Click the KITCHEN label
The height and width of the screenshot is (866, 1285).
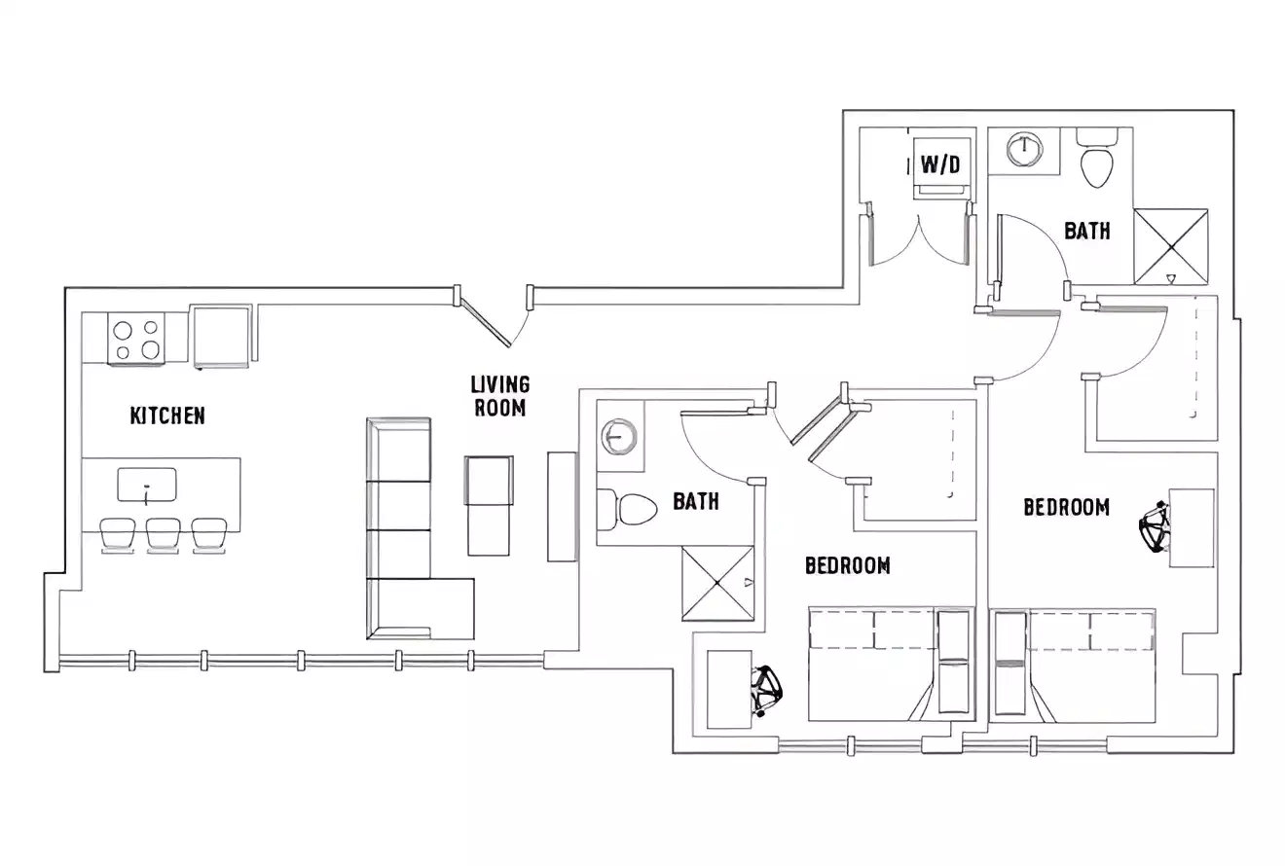coord(167,415)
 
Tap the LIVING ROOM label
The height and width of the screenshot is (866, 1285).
coord(500,396)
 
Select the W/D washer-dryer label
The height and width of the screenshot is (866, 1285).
coord(939,164)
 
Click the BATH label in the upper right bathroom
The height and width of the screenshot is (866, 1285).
coord(1086,231)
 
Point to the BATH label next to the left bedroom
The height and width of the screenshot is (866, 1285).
coord(696,501)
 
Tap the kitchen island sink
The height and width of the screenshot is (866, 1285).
coord(147,485)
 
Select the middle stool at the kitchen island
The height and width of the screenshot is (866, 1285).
coord(163,534)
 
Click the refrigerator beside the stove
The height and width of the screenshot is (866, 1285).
coord(222,337)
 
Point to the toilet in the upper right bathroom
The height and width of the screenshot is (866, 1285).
coord(1097,162)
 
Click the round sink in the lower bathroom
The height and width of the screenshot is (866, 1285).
coord(617,435)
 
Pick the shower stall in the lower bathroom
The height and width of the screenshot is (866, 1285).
coord(717,583)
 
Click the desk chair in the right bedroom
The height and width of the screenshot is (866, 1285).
coord(1156,527)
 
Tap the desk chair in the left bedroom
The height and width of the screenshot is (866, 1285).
coord(767,690)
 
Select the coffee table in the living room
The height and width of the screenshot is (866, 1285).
coord(489,504)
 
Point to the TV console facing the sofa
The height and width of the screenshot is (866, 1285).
coord(562,506)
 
